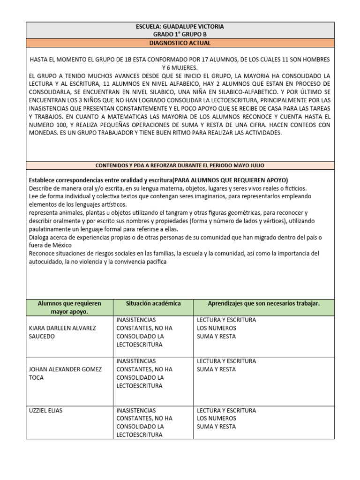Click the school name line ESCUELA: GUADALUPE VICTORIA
180,27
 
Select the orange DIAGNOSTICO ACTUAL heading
180,43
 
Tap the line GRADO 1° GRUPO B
180,35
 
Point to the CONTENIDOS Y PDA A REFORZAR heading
180,165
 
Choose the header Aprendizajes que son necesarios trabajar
263,304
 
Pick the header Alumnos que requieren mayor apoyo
69,307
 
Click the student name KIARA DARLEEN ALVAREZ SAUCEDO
62,332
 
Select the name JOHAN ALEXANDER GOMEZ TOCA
65,373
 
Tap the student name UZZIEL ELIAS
45,411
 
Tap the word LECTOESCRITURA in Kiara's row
139,345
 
